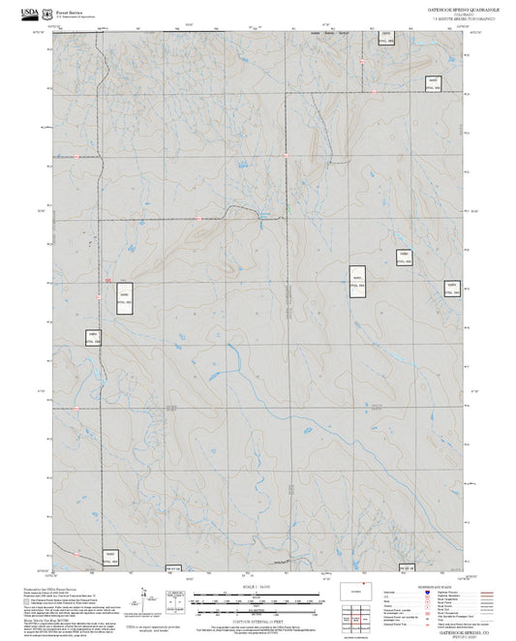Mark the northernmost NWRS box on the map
pyautogui.click(x=386, y=42)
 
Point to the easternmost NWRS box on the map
pyautogui.click(x=448, y=289)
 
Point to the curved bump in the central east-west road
pyautogui.click(x=260, y=210)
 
